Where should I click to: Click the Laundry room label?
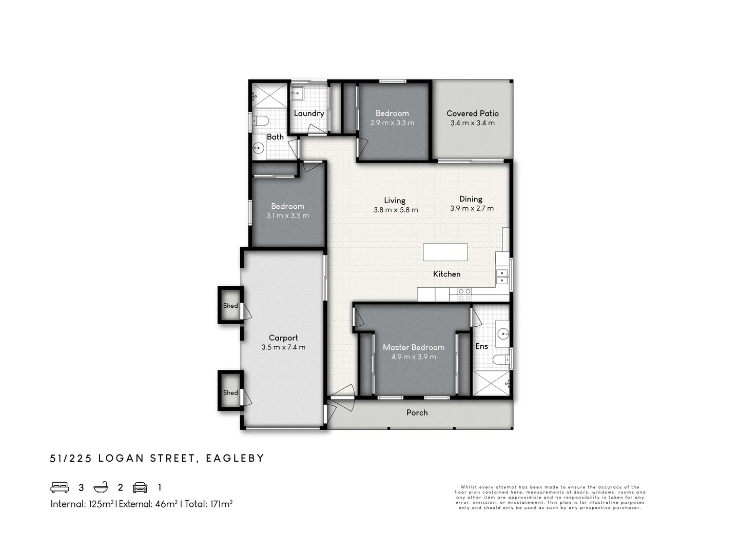(309, 114)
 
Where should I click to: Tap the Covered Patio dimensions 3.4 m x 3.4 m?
(472, 123)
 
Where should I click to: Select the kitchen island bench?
(445, 252)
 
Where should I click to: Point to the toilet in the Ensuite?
(501, 360)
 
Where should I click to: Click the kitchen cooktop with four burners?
(464, 294)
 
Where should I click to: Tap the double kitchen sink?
(501, 276)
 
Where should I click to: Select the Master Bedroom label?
(414, 347)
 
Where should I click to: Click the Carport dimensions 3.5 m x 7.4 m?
(283, 347)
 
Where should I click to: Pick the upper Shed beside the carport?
(230, 305)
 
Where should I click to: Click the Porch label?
(417, 413)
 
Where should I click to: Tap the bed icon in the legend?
(60, 487)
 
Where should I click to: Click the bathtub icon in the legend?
(101, 487)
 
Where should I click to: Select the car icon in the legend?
(140, 487)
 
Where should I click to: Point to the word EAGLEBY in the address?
(235, 458)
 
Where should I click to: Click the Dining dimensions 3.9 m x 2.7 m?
(472, 209)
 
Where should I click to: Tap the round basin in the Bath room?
(258, 147)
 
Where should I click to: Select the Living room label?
(395, 201)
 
